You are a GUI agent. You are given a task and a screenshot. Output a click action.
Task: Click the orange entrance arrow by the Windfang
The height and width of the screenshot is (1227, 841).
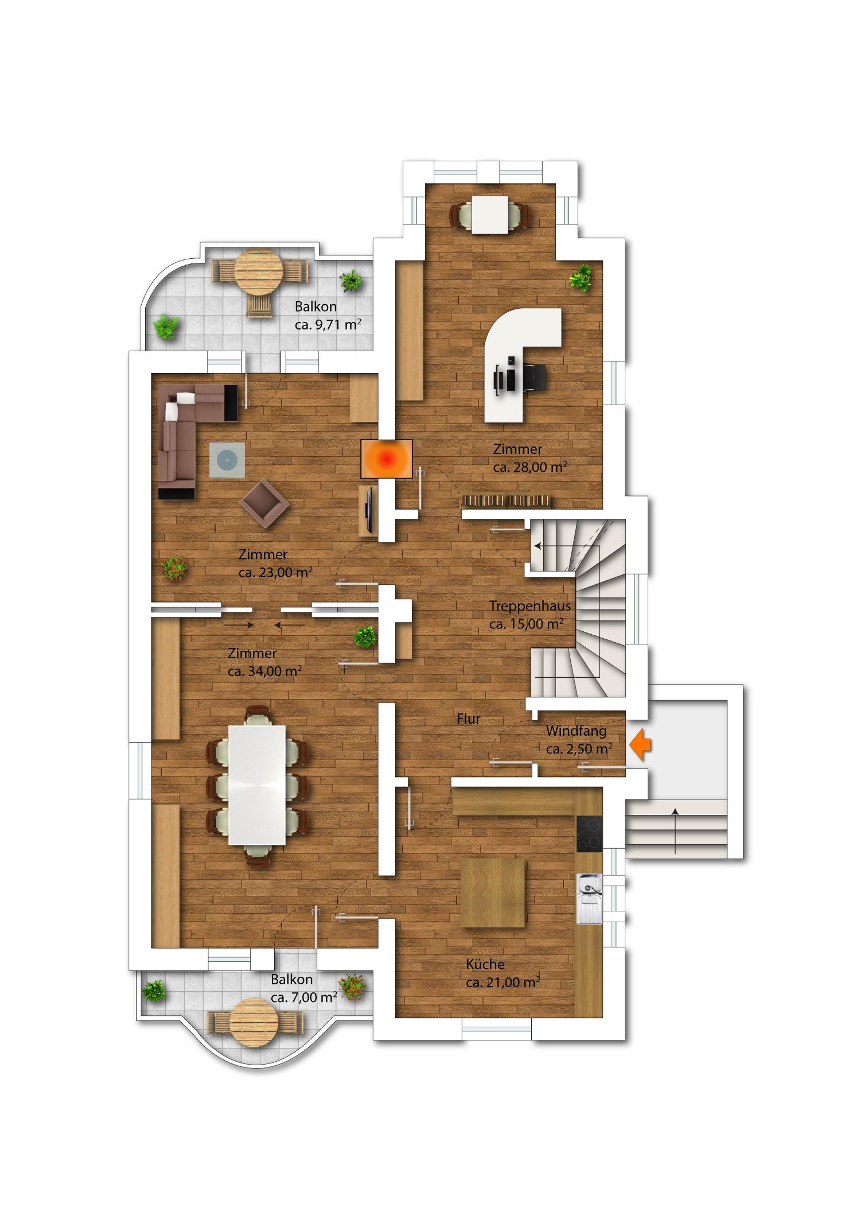pos(640,744)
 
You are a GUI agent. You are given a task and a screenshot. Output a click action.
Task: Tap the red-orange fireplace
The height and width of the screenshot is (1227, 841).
pos(387,459)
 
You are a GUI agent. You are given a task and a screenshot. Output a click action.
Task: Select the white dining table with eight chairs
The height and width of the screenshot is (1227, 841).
pos(257,785)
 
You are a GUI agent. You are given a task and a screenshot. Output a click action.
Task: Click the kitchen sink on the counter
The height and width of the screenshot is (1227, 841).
pos(590,899)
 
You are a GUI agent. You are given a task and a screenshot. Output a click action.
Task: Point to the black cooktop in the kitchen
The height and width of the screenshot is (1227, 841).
pos(590,834)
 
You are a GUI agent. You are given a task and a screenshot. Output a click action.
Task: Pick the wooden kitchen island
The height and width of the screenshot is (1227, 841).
pos(493,892)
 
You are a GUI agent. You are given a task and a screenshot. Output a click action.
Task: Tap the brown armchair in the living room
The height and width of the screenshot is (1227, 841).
pos(264,503)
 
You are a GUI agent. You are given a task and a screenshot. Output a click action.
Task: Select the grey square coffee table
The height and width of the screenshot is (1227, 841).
pos(227,460)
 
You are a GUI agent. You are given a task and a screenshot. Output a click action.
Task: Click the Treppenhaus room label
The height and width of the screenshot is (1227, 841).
pos(530,605)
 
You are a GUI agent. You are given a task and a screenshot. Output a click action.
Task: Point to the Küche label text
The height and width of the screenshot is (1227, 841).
pos(485,964)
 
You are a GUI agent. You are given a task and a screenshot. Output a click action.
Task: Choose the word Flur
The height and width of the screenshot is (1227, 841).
pos(469,719)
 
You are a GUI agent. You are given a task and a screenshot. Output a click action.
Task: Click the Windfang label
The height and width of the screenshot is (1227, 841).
pos(577,731)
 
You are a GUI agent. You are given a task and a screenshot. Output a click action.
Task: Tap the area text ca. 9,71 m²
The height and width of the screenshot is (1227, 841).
pos(328,324)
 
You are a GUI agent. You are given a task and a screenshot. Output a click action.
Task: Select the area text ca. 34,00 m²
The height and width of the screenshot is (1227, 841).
pos(265,671)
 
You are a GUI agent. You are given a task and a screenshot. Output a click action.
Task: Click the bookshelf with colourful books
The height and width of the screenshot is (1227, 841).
pos(506,501)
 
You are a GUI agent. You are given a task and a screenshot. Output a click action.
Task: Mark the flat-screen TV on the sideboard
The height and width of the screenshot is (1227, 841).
pos(369,509)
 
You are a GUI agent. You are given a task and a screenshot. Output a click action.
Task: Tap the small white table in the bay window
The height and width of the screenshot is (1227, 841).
pos(490,215)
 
